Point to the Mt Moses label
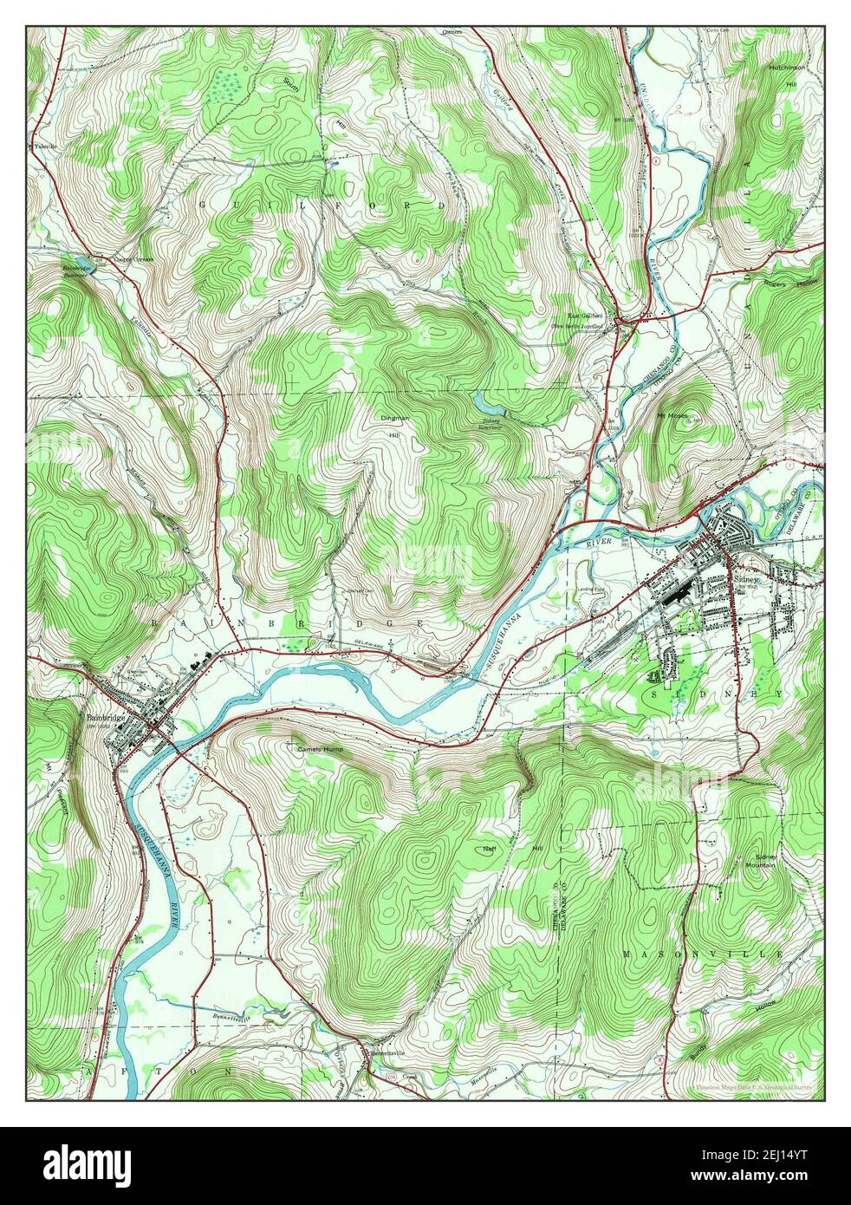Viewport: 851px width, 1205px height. [x=672, y=415]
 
